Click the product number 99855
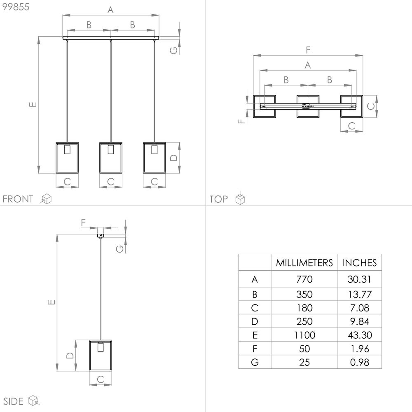(x=16, y=7)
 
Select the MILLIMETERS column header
(x=304, y=263)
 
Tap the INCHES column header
(x=359, y=263)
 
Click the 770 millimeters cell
(x=304, y=279)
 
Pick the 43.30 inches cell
(x=360, y=335)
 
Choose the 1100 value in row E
(x=304, y=335)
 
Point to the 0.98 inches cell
(x=359, y=362)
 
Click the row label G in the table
(x=255, y=362)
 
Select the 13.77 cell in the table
(x=360, y=294)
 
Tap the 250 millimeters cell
(x=304, y=321)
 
